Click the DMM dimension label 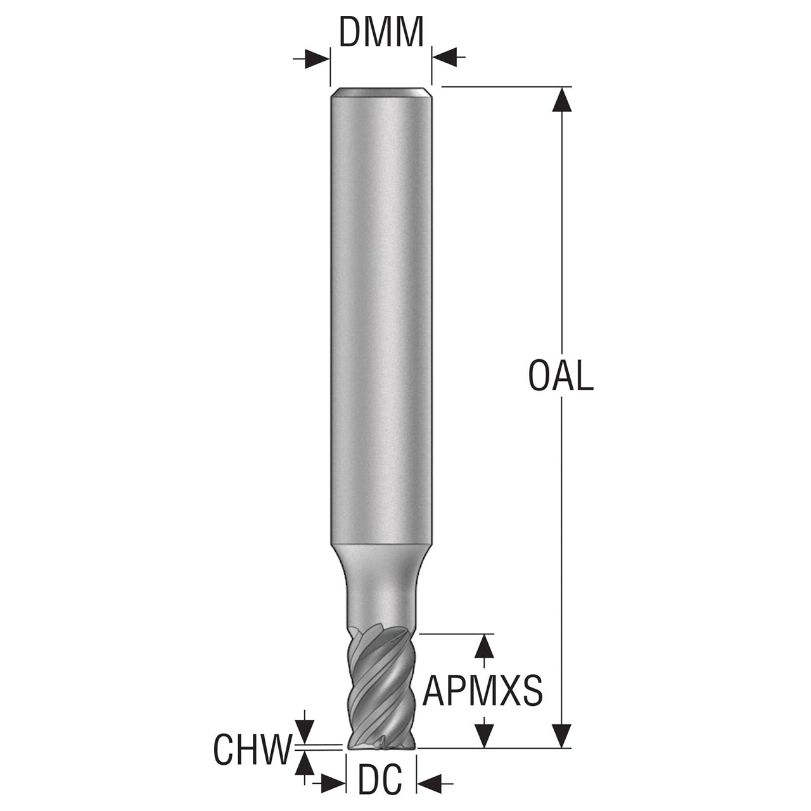(x=381, y=32)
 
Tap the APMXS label (x=482, y=690)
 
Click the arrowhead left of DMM (x=317, y=58)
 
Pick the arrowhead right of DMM (x=444, y=56)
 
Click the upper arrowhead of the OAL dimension (x=562, y=99)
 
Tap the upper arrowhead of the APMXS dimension (x=484, y=657)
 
